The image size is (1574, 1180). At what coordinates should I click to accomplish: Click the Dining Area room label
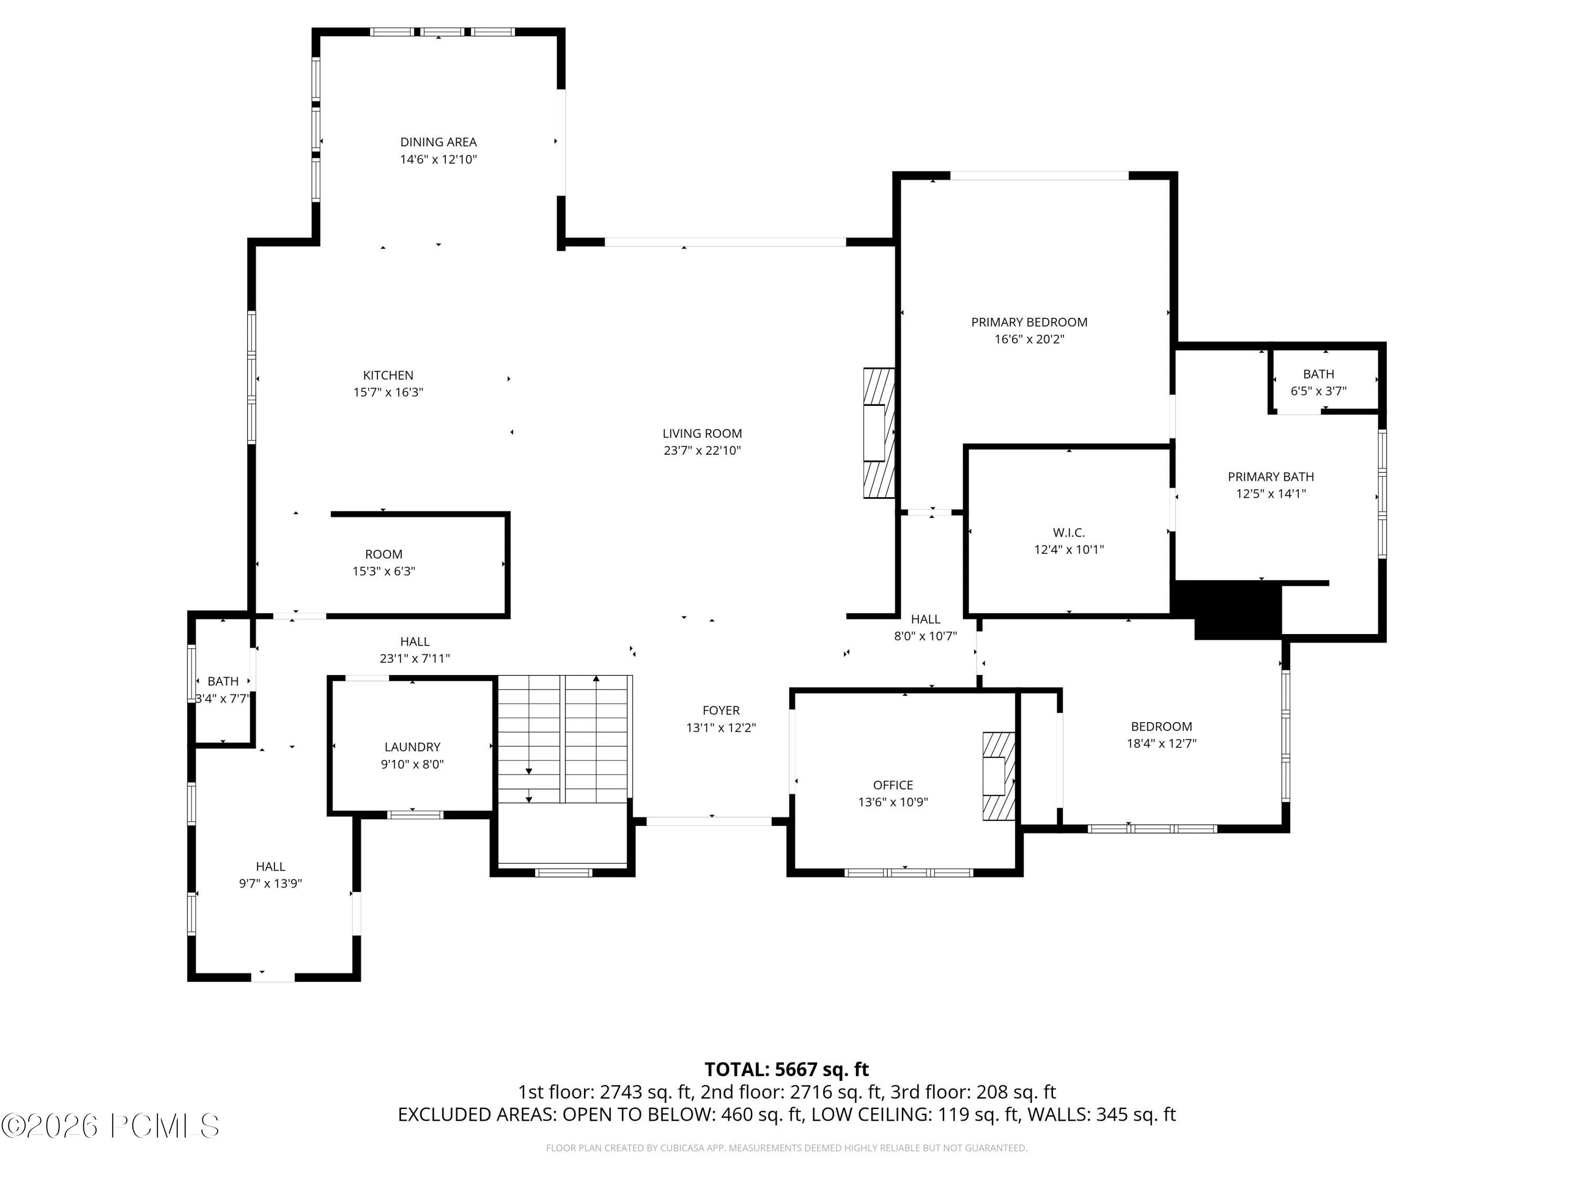tap(438, 142)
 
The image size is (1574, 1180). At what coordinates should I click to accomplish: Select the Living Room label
tap(703, 433)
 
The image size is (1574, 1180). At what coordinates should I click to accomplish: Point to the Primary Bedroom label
tap(1029, 322)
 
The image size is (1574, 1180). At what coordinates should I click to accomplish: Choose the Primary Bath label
tap(1271, 477)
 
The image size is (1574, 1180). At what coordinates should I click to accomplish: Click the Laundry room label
tap(413, 747)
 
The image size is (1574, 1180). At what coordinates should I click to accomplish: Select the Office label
tap(893, 785)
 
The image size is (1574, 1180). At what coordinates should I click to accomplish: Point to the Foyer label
tap(721, 711)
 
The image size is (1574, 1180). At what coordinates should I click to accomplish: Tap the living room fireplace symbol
tap(879, 433)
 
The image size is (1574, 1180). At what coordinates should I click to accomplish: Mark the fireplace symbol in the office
tap(999, 777)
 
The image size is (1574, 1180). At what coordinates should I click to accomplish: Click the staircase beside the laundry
tap(563, 739)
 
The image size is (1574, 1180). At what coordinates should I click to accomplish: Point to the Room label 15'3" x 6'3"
tap(384, 555)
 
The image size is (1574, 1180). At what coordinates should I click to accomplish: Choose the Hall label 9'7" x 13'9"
tap(270, 867)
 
